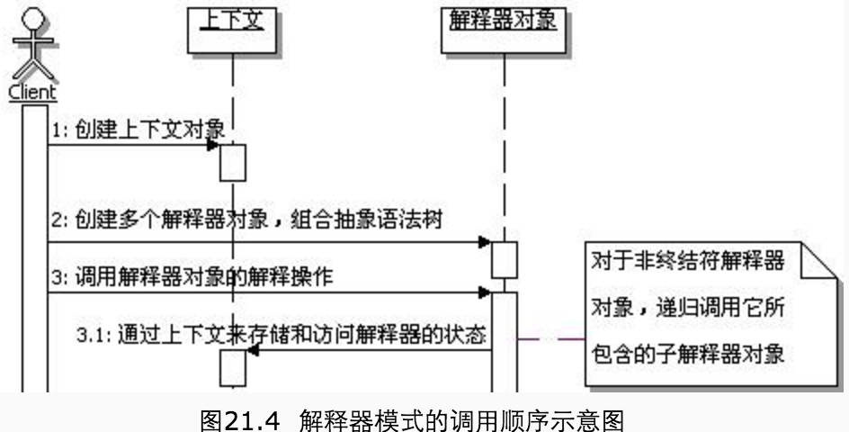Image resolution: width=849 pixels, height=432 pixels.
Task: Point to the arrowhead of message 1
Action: [213, 145]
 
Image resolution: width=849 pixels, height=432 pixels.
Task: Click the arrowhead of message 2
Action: [484, 242]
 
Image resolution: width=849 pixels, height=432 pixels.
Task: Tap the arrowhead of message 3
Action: [484, 292]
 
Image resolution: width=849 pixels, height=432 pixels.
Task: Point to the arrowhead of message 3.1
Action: [252, 351]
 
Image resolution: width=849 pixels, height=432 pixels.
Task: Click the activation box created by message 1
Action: [232, 162]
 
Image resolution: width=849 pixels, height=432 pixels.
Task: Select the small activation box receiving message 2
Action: [504, 259]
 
